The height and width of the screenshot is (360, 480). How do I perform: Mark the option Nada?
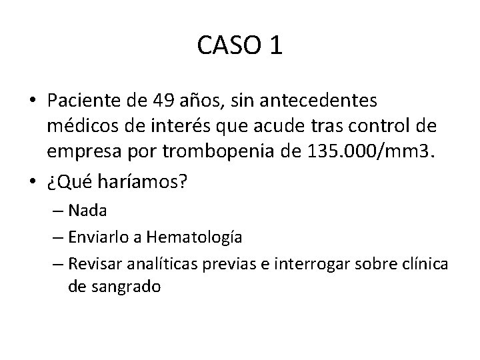tap(87, 211)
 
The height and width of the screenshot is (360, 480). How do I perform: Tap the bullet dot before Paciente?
tap(32, 102)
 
